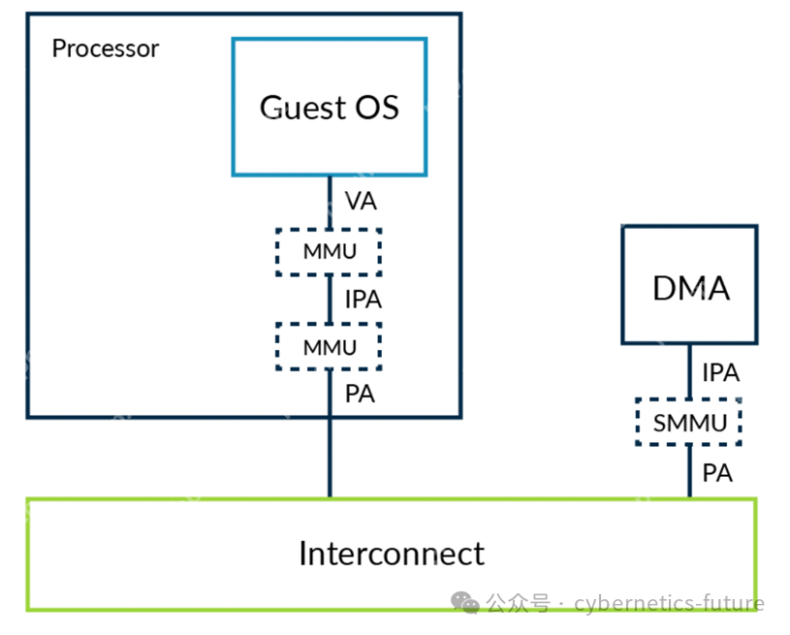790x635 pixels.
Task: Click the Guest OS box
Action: (330, 107)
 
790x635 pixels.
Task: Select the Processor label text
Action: (105, 48)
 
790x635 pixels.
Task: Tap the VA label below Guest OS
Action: (361, 203)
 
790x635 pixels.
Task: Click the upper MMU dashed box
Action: (329, 252)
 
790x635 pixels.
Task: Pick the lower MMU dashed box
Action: (329, 346)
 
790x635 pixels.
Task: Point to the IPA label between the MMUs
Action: (363, 300)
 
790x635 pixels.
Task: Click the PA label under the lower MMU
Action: (360, 395)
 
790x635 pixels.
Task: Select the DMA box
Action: (689, 285)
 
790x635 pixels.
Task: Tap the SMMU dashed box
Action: (688, 422)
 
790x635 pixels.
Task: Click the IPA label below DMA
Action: (720, 372)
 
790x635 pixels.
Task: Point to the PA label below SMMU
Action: (717, 474)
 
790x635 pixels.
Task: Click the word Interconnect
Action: (391, 554)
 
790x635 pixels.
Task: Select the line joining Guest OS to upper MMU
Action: (330, 203)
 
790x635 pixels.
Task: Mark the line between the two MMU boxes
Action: (330, 300)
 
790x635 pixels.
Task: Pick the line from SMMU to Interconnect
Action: (690, 472)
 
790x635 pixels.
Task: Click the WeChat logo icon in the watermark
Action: (466, 604)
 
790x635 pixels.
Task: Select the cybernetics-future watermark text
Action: (669, 604)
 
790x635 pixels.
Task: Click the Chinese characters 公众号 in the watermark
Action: (518, 604)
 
